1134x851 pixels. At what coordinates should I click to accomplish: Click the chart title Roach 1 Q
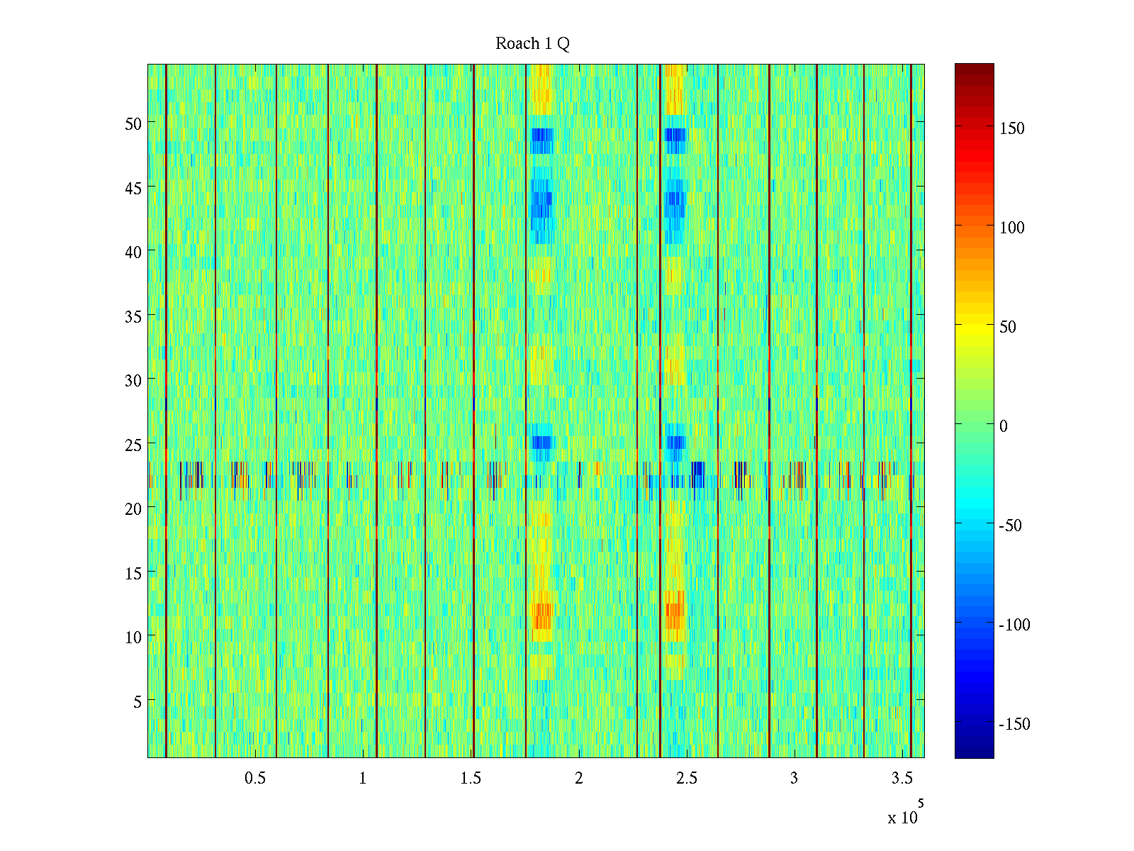tap(532, 44)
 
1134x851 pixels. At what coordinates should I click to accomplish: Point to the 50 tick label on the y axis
tap(133, 123)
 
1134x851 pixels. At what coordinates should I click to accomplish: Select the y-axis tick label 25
tap(133, 445)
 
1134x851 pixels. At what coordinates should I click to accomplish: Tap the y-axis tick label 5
tap(137, 702)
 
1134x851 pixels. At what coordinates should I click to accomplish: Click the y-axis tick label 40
tap(133, 252)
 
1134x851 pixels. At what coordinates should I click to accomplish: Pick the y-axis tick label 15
tap(133, 574)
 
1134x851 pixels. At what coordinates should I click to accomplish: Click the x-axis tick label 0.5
tap(255, 779)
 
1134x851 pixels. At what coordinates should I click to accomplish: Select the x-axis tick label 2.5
tap(686, 779)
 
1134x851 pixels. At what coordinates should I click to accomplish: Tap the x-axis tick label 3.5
tap(902, 779)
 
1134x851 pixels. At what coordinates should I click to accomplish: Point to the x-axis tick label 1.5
tap(471, 779)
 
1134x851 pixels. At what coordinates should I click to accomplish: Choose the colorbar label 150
tap(1011, 129)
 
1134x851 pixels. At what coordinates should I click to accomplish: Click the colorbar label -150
tap(1014, 725)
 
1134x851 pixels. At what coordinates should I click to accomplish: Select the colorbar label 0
tap(1003, 427)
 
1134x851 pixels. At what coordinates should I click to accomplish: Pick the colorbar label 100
tap(1011, 228)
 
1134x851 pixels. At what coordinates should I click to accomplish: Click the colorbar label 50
tap(1007, 328)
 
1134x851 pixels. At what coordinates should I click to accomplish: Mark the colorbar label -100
tap(1014, 625)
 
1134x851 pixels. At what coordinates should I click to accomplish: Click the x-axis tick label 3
tap(794, 779)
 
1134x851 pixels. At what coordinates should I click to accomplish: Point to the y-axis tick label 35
tap(133, 316)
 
